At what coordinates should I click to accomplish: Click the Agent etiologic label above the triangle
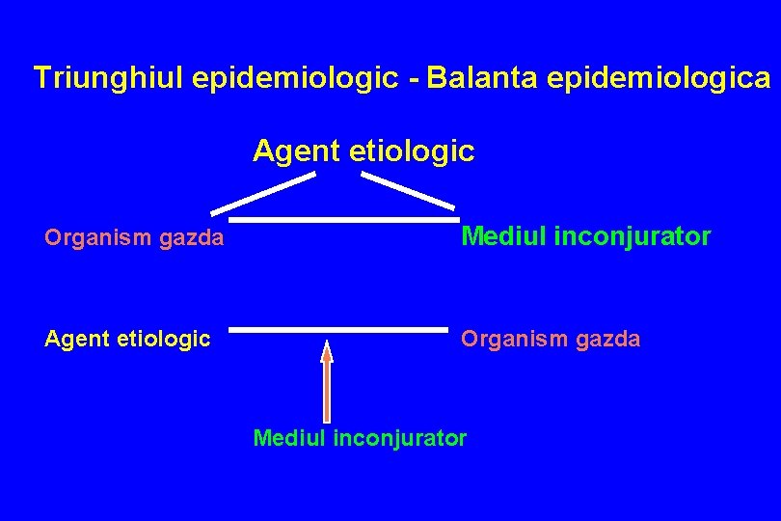364,151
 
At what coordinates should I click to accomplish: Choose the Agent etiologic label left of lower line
127,339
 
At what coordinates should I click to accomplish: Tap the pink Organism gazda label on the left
134,237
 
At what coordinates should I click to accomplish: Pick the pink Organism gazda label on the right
550,339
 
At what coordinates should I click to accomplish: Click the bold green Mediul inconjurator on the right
586,236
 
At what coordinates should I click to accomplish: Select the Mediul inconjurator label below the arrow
360,439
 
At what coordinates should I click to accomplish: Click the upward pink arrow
327,386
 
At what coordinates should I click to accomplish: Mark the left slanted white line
263,193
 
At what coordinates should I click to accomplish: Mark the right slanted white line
409,190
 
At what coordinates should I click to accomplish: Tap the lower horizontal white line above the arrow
338,331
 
